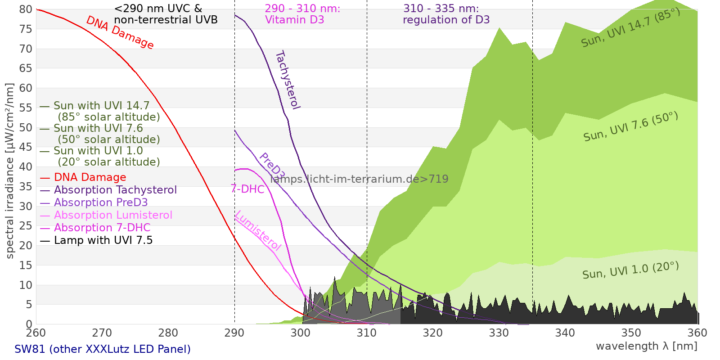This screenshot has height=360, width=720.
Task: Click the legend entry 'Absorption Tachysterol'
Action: [115, 190]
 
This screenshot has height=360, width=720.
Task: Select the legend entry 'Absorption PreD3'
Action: [101, 202]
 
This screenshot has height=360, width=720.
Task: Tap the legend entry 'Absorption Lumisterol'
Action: [113, 215]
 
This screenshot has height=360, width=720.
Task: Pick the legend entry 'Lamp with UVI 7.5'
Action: [103, 240]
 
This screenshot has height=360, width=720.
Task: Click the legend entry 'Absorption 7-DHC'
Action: [102, 228]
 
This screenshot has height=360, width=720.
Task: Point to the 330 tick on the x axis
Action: [499, 333]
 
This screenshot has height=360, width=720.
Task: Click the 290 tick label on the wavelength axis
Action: [234, 333]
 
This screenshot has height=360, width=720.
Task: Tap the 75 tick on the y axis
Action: [26, 29]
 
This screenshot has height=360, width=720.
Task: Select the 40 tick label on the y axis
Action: [26, 167]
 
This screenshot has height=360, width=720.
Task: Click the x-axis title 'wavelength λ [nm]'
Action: [646, 346]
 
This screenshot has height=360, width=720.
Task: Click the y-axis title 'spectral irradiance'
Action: [10, 171]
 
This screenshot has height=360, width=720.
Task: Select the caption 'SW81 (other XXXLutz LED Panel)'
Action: [103, 349]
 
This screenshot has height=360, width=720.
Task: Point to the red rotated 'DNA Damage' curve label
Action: [120, 33]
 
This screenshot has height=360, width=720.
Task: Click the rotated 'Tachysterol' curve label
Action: [288, 80]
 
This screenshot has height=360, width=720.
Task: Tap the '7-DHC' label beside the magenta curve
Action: [247, 189]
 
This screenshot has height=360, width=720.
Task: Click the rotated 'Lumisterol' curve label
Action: [258, 230]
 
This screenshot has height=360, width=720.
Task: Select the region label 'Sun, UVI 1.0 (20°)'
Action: [630, 271]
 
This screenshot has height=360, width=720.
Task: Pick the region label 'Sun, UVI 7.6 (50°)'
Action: [630, 127]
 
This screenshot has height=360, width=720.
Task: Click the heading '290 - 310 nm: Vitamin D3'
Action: [302, 14]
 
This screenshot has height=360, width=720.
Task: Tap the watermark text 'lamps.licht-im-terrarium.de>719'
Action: [359, 179]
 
